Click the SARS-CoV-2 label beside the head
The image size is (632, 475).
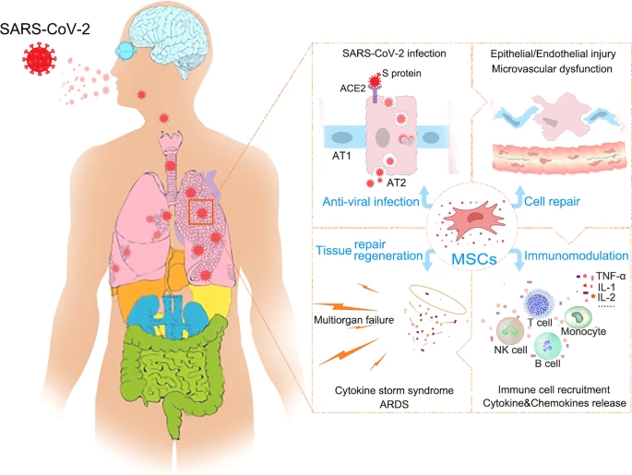coord(44,29)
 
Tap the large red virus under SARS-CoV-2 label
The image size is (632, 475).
coord(39,59)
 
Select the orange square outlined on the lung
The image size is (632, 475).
coord(201,212)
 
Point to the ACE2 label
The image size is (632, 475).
coord(352,89)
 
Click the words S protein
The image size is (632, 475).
coord(401,73)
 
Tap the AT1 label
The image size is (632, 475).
coord(341,156)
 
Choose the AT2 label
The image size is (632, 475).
coord(396,183)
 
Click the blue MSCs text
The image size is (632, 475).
coord(474,258)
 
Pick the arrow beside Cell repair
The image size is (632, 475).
coord(519,197)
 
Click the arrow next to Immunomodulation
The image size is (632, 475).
coord(518,260)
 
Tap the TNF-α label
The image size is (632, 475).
coord(611,277)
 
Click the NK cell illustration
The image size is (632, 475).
coord(510,331)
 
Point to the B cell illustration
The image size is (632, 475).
coord(547,347)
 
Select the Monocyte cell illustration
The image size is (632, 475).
coord(578,317)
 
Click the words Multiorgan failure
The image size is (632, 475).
coord(354,320)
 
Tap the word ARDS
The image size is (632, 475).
coord(394,404)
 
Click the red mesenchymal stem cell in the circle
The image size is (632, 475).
coord(474,220)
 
